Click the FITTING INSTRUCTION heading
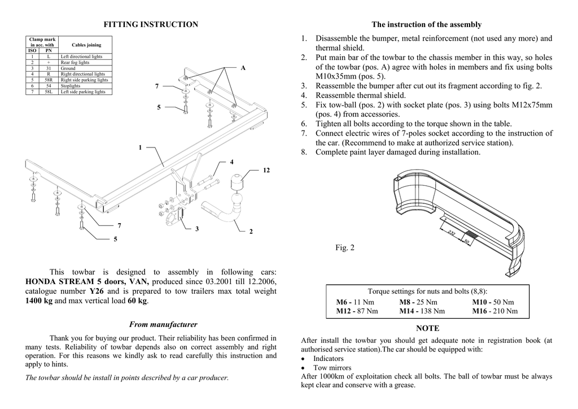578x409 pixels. (151, 24)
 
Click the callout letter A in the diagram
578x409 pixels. (243, 68)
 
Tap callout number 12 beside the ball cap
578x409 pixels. (266, 170)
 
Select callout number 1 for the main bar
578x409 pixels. (140, 147)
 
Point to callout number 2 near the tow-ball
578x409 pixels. (251, 232)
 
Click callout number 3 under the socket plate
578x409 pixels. (196, 229)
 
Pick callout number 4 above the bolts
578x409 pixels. (231, 162)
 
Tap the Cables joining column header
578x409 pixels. (86, 45)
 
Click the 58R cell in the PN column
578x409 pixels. (49, 80)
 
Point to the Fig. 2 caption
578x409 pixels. (345, 247)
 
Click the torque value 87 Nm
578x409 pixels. (368, 311)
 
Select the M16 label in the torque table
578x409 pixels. (481, 311)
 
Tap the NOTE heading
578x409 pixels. (427, 328)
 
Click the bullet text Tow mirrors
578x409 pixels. (332, 368)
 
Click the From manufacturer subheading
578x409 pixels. (163, 324)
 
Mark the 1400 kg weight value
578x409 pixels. (39, 301)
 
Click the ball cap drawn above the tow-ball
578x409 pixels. (236, 185)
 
